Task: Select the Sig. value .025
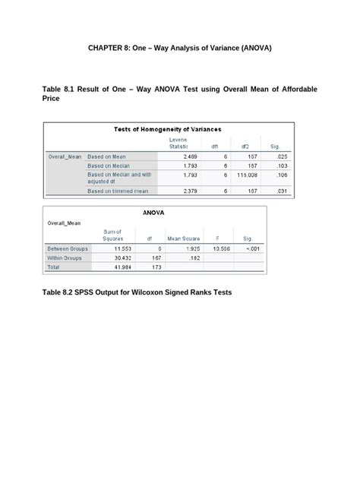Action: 281,156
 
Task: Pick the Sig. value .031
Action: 281,191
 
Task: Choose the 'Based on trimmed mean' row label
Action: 118,191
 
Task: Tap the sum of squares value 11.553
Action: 123,248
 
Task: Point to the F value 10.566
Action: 220,248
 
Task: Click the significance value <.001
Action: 250,248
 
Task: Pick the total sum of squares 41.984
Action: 123,268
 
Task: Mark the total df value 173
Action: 156,268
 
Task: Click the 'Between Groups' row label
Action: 68,248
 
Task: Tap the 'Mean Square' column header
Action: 183,238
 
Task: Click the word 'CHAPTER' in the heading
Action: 108,48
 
